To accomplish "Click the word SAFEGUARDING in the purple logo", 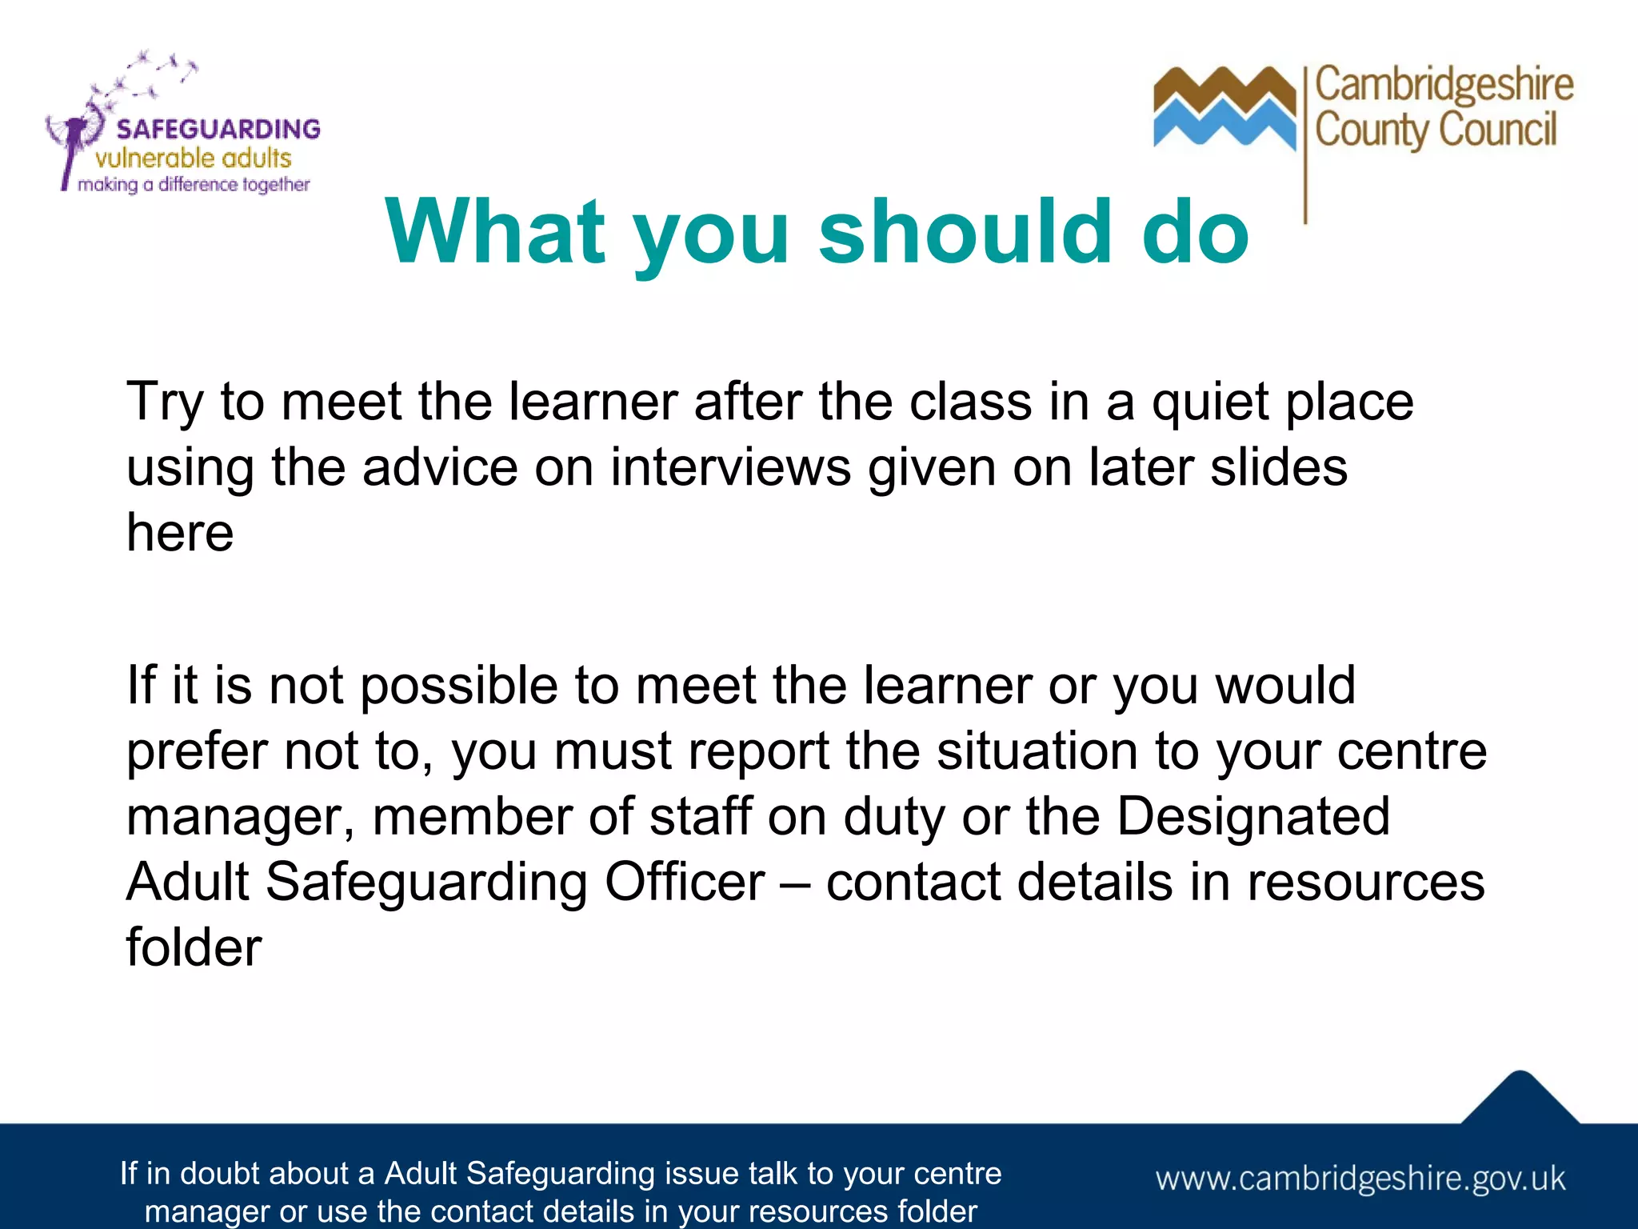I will pos(218,129).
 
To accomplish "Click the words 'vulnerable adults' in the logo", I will pos(193,158).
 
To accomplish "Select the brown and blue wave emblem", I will pos(1224,108).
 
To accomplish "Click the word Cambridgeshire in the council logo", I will pos(1444,85).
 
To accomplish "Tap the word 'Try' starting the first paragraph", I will pos(164,402).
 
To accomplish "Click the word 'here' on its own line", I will pos(180,533).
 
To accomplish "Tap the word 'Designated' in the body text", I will pos(1252,817).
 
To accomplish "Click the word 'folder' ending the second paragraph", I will pos(194,948).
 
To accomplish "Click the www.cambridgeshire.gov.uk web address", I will pos(1360,1179).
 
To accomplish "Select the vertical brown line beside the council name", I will pos(1305,144).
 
